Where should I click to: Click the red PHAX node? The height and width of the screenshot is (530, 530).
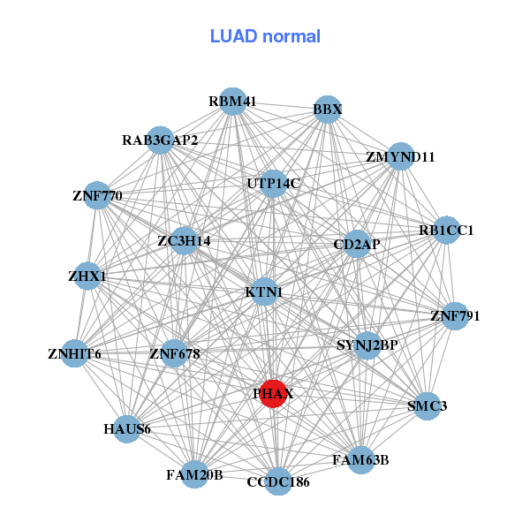click(x=273, y=393)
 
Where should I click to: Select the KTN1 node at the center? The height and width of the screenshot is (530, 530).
click(x=265, y=291)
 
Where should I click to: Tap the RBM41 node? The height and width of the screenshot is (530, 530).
click(x=232, y=102)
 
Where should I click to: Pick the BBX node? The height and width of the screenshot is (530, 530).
click(x=328, y=110)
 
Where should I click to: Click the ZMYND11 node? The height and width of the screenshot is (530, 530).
click(x=400, y=157)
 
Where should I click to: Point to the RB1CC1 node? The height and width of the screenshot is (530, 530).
click(x=447, y=231)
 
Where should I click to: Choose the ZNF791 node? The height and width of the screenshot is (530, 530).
click(x=455, y=315)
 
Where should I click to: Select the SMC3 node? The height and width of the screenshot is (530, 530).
click(x=428, y=406)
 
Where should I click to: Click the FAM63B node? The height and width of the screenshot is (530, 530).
click(x=360, y=459)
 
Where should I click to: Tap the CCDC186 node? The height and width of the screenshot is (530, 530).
click(x=278, y=481)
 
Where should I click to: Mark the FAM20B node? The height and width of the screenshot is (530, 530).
click(x=194, y=475)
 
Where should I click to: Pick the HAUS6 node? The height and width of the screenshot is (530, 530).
click(x=127, y=429)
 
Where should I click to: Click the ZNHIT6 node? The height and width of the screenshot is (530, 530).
click(x=75, y=354)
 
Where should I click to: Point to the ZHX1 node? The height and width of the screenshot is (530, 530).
click(x=87, y=276)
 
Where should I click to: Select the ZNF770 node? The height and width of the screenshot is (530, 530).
click(x=97, y=195)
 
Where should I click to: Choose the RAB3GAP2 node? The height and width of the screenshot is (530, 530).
click(x=160, y=140)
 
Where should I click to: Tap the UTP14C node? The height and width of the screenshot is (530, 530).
click(x=274, y=184)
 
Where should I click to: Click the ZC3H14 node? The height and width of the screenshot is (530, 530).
click(x=184, y=240)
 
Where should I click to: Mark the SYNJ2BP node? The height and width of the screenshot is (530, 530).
click(x=367, y=344)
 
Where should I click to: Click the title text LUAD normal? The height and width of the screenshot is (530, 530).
click(x=265, y=36)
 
